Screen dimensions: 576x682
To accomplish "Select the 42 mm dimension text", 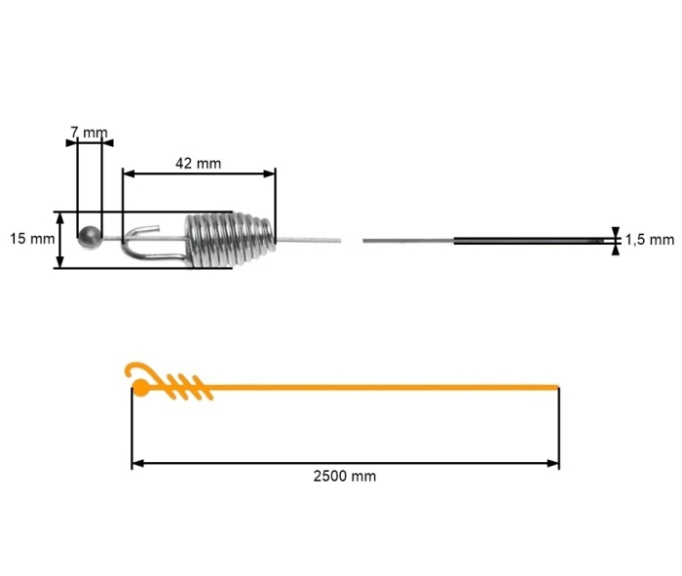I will point(198,163).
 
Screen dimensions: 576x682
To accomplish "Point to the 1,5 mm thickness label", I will point(649,239).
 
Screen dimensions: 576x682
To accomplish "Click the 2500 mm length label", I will point(345,477).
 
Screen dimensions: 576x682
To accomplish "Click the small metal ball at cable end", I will point(89,235).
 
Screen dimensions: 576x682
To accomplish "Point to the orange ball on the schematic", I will point(140,389).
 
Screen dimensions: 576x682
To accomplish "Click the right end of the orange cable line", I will point(556,388).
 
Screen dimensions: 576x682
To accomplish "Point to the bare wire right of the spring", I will point(307,240).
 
